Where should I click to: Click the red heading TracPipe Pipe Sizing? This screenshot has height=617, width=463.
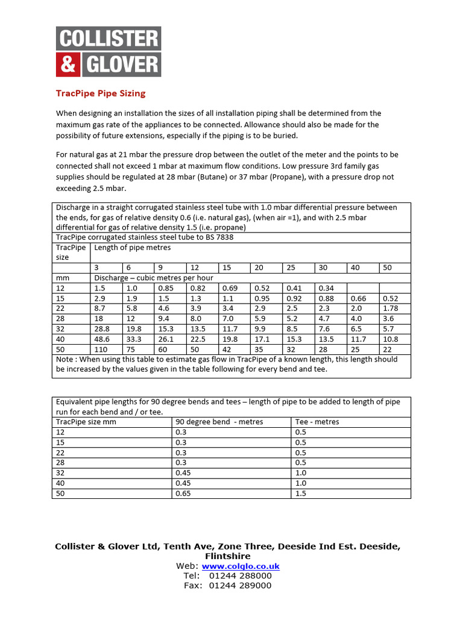point(101,93)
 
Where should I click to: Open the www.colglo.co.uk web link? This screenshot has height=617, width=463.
point(241,566)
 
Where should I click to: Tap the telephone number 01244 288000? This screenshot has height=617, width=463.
point(240,576)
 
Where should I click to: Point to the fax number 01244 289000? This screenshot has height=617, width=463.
point(240,586)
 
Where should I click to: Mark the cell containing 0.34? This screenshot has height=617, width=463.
point(326,288)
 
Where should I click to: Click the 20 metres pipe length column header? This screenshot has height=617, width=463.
point(259,268)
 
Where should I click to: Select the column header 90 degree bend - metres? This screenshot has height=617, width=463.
point(219,422)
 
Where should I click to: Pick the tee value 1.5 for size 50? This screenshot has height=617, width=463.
point(301,493)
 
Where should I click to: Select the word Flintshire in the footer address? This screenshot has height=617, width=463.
point(227,556)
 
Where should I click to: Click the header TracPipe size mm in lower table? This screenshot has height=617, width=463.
point(86,422)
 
